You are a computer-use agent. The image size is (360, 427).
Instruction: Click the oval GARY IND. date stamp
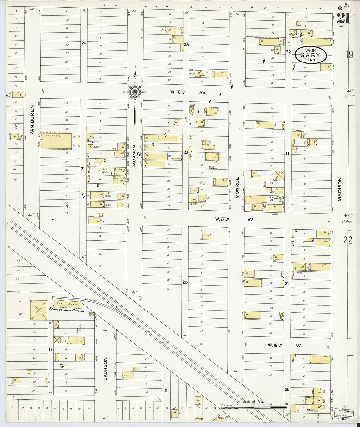tap(310, 55)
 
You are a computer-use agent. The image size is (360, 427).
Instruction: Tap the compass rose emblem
tap(135, 93)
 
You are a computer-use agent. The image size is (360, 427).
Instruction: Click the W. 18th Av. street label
tap(284, 345)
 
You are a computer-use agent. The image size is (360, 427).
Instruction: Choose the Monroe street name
tap(237, 187)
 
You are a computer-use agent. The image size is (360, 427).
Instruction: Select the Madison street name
tap(339, 189)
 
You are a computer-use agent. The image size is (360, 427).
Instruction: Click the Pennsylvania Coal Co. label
tap(66, 309)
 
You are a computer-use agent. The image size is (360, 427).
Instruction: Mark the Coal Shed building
tap(67, 304)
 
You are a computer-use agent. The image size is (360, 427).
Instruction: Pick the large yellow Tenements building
tap(56, 141)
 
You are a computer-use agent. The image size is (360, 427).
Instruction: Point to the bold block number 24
tap(84, 43)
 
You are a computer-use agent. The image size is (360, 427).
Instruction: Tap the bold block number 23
tap(186, 45)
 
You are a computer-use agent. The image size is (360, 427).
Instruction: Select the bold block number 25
tap(185, 282)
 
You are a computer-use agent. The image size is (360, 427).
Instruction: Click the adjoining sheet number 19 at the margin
tap(349, 54)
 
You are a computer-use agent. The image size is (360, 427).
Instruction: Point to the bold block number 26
tap(287, 389)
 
